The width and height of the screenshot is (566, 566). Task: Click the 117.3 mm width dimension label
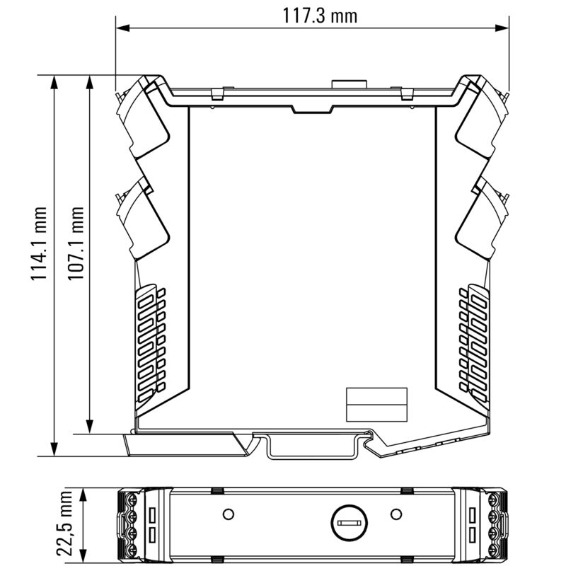[320, 15]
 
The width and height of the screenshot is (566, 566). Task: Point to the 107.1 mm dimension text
[76, 244]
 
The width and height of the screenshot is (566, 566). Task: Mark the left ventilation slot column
[149, 340]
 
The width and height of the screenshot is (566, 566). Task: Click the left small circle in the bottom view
[228, 513]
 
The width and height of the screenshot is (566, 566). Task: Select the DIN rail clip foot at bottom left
[184, 445]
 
